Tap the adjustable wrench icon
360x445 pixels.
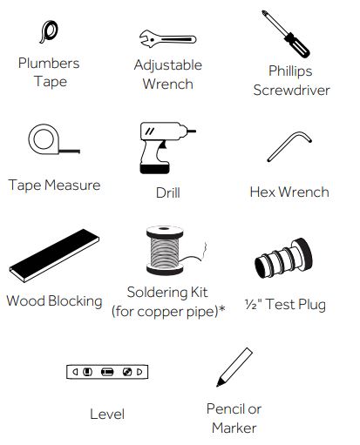click(167, 39)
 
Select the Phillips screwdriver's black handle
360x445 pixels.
click(297, 45)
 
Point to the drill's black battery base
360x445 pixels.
click(154, 169)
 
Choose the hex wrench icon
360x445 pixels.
click(289, 145)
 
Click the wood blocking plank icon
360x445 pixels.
click(54, 255)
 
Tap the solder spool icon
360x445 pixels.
click(165, 250)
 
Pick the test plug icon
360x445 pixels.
click(283, 259)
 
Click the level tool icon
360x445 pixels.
click(107, 372)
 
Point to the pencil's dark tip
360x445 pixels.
click(220, 382)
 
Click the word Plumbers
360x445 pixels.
click(49, 64)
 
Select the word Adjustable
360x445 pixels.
click(168, 65)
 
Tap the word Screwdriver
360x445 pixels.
click(291, 90)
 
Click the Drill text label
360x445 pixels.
click(168, 192)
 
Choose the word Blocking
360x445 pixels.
click(75, 301)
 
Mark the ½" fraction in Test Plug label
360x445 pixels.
click(253, 304)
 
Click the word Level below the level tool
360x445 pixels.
click(107, 414)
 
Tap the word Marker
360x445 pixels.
click(234, 428)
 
